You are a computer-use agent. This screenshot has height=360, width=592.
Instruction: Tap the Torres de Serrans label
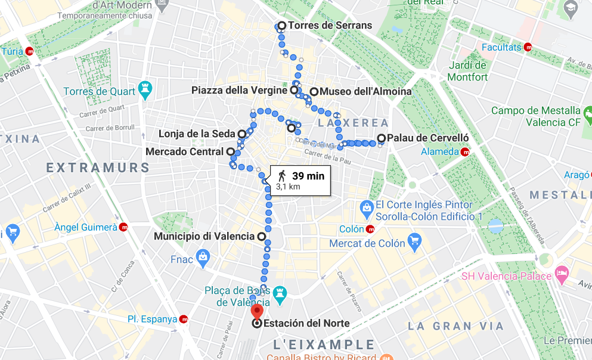pyautogui.click(x=330, y=26)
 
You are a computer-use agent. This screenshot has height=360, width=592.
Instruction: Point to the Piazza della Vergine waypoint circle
pyautogui.click(x=294, y=90)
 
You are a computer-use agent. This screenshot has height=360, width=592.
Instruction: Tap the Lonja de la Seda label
pyautogui.click(x=197, y=134)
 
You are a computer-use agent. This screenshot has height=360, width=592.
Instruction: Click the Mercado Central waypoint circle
pyautogui.click(x=230, y=151)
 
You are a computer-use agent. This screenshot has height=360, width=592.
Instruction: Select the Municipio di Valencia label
pyautogui.click(x=204, y=237)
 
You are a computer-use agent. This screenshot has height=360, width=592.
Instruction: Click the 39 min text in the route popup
pyautogui.click(x=308, y=175)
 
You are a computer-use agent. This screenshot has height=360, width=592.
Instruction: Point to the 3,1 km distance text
pyautogui.click(x=287, y=187)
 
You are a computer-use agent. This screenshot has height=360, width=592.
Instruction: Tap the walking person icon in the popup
pyautogui.click(x=281, y=175)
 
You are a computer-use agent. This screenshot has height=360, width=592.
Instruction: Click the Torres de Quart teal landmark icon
pyautogui.click(x=144, y=89)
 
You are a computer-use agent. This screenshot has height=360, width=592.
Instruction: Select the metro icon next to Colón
pyautogui.click(x=370, y=229)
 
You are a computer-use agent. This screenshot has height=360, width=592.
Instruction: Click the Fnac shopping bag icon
pyautogui.click(x=203, y=258)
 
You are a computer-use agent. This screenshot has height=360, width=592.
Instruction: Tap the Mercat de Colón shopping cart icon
pyautogui.click(x=415, y=242)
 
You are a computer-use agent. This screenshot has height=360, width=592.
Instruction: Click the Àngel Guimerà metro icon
pyautogui.click(x=123, y=226)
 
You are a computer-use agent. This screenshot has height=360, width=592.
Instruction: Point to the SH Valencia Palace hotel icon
pyautogui.click(x=562, y=274)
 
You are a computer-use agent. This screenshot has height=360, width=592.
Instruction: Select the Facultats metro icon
pyautogui.click(x=528, y=47)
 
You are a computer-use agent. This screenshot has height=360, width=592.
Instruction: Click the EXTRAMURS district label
pyautogui.click(x=98, y=167)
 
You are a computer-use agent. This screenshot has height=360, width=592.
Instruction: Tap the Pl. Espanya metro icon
pyautogui.click(x=184, y=319)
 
